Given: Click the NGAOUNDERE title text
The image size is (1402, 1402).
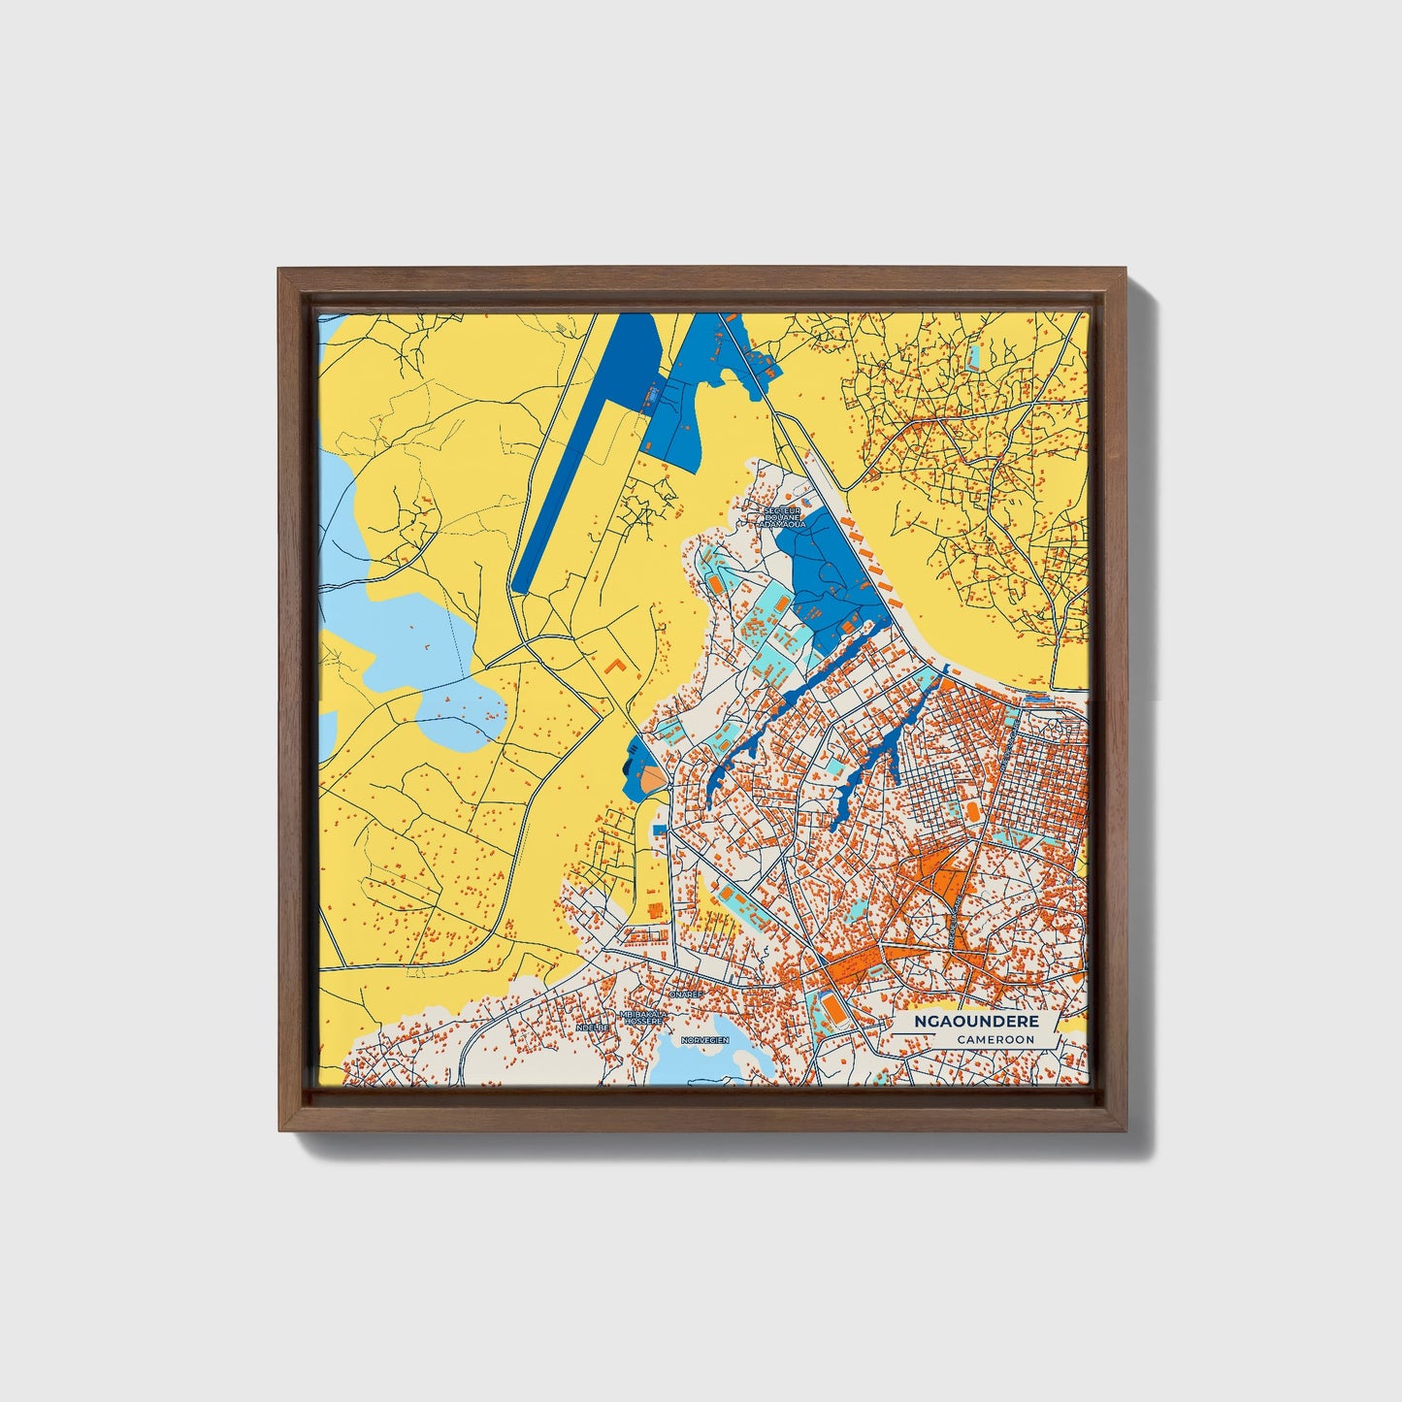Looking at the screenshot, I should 976,1022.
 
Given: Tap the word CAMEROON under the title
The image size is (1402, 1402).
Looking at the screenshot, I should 994,1039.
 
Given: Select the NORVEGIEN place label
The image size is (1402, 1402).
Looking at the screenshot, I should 704,1039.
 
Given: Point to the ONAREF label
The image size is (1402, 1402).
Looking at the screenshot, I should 685,994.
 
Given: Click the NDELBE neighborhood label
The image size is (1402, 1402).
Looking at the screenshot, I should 592,1027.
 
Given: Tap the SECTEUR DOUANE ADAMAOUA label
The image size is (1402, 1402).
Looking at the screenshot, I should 784,516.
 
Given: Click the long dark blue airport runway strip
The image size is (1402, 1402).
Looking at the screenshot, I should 582,456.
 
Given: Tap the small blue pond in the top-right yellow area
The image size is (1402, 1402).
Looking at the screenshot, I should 973,360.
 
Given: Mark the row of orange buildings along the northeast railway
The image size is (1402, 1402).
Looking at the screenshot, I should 868,558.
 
